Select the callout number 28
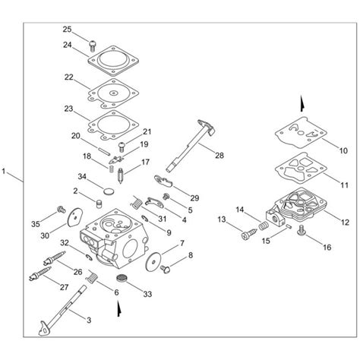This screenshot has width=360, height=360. tap(219, 156)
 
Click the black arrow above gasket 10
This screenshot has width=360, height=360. tap(302, 103)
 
